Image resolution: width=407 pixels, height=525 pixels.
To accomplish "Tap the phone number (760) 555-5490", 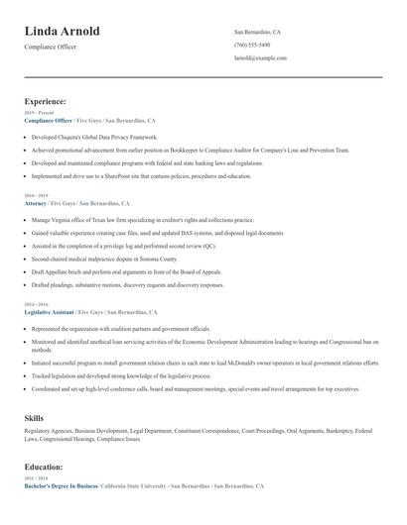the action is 252,46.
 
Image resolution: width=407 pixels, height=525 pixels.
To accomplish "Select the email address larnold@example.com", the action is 260,58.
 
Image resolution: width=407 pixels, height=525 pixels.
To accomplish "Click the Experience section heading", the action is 46,101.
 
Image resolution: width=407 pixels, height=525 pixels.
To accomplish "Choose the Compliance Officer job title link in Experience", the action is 48,120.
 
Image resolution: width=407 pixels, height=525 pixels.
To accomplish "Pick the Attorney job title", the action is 36,203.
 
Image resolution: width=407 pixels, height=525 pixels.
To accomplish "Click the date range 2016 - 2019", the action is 35,196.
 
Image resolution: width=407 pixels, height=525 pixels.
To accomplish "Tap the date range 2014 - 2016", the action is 35,304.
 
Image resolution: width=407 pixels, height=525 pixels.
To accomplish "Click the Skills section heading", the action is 34,419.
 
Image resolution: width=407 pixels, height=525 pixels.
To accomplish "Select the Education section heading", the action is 45,467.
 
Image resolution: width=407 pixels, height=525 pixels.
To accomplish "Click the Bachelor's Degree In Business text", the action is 61,486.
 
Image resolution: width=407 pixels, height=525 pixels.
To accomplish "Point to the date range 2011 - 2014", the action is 35,479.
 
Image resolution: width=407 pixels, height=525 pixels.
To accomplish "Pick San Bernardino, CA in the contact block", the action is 257,32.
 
